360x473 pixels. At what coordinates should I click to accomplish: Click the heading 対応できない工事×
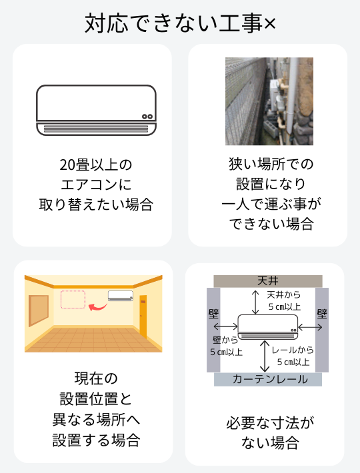(180, 23)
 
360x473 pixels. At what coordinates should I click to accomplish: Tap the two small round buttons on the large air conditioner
(147, 117)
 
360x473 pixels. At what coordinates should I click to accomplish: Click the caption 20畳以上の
(96, 165)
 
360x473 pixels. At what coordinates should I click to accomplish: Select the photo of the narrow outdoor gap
(269, 101)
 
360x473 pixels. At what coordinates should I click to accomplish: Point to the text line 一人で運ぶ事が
(271, 204)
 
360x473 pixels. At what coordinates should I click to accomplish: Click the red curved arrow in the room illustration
(97, 307)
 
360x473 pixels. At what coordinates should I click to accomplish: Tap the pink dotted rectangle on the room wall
(73, 299)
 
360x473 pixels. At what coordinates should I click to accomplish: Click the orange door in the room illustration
(143, 316)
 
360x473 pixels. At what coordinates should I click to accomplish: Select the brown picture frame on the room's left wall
(38, 310)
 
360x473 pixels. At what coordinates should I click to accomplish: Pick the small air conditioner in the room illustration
(121, 296)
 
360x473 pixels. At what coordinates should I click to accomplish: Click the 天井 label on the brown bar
(267, 281)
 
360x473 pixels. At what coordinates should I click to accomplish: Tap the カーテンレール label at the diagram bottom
(270, 380)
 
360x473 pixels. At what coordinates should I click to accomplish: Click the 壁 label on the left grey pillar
(213, 314)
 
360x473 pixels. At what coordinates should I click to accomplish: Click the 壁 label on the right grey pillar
(322, 314)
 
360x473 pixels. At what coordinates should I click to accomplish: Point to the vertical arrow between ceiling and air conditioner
(255, 302)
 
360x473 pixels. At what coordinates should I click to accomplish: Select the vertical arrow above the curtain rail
(265, 356)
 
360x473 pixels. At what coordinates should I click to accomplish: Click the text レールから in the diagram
(293, 350)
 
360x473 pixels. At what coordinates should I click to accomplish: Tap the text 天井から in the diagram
(283, 294)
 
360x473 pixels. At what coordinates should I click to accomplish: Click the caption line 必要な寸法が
(271, 423)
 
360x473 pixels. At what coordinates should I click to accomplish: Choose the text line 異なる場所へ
(96, 420)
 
